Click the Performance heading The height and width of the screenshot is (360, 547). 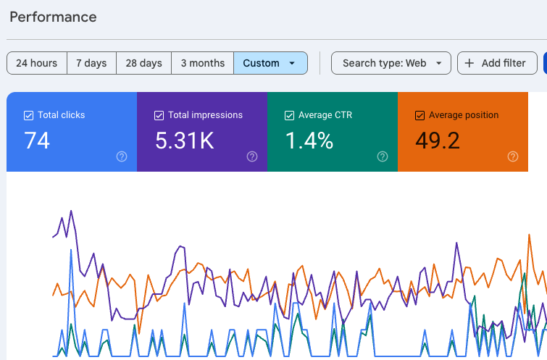coord(53,17)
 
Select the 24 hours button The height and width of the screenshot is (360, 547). coord(37,63)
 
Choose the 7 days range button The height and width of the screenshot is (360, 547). coord(91,63)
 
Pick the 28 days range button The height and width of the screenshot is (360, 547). coord(143,63)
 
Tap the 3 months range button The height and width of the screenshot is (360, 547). coord(203,63)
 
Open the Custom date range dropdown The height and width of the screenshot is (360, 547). coord(270,63)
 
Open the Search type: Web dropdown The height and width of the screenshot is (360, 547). coord(391,63)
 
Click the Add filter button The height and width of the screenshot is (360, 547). coord(497,63)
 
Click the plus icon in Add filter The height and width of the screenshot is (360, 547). coord(469,63)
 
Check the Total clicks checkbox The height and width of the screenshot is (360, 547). coord(28,115)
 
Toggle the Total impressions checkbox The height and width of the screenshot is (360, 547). coord(159,115)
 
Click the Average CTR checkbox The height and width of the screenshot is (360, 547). coord(290,115)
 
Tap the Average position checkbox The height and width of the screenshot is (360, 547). coord(420,115)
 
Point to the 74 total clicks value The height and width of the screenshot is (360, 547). coord(37,141)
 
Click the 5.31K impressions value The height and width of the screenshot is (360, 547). coord(185,141)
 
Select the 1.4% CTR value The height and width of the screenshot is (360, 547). coord(309,141)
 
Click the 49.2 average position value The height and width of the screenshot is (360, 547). coord(438,141)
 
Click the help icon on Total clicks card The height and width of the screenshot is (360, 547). coord(122,156)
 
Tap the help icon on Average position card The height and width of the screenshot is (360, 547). coord(513,156)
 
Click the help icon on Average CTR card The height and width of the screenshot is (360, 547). coord(383,156)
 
